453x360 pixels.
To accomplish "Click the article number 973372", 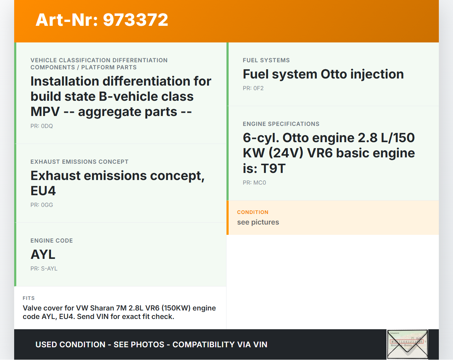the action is (x=135, y=20).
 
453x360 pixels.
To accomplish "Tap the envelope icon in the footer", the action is (x=407, y=344).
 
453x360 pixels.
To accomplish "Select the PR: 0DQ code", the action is (x=42, y=126).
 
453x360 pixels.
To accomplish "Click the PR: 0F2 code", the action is (x=253, y=88).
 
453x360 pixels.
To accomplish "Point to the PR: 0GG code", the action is (x=42, y=205).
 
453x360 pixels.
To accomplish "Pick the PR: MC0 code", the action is (x=254, y=182).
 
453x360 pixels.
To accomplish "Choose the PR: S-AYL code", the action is (x=44, y=268).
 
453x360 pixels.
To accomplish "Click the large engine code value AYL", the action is (x=43, y=255).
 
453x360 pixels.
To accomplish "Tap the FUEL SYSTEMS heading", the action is (x=266, y=60).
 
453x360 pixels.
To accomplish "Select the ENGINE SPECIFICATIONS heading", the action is (x=281, y=124).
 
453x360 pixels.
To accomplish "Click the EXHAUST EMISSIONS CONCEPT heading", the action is (x=79, y=162).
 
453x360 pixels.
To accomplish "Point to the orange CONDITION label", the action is (x=253, y=212).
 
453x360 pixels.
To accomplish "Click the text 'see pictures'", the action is (x=258, y=222).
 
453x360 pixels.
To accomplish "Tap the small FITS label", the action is (x=29, y=298).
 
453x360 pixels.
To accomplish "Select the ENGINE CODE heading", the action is (x=52, y=241).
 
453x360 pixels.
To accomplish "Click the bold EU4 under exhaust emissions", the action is (x=43, y=191).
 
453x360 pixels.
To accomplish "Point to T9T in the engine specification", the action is (x=273, y=169).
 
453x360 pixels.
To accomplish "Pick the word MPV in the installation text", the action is (x=45, y=112).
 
